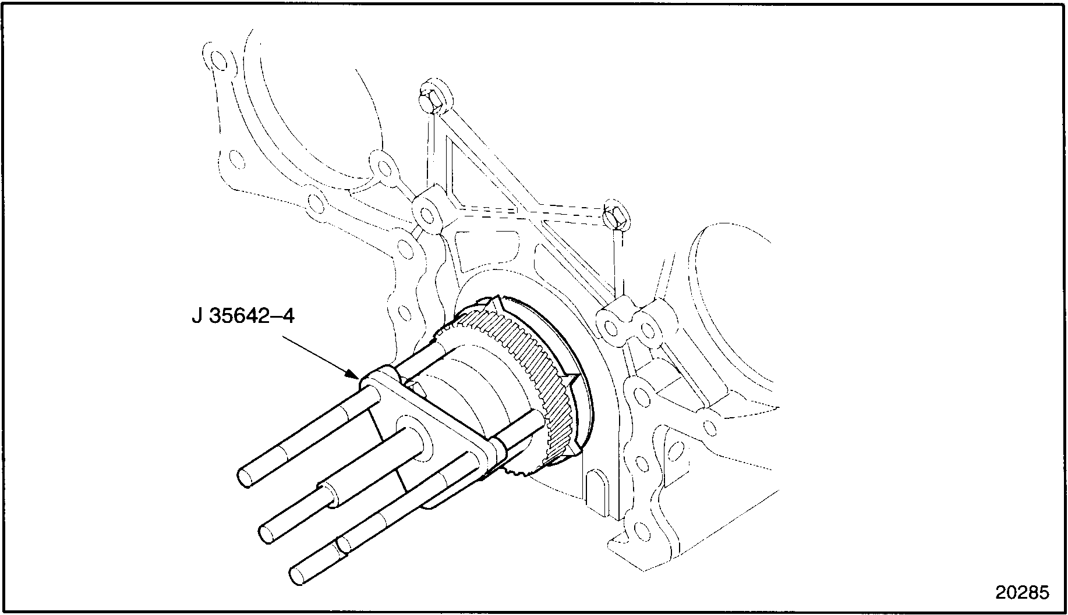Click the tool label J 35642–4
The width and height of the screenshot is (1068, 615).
coord(243,317)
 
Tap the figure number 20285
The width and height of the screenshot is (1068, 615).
coord(1021,592)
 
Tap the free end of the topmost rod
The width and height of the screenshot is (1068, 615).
coord(246,477)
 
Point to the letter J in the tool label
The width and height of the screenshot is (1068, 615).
coord(196,317)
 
